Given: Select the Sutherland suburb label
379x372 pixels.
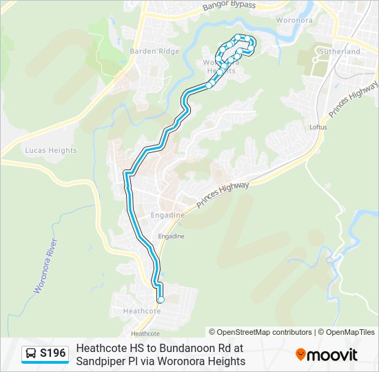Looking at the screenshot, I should pos(340,52).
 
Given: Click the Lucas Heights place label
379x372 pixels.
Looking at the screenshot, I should pos(51,150).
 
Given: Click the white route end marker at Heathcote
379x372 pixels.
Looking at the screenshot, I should pos(161,300).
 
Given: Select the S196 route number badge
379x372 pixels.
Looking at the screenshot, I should pos(53,354).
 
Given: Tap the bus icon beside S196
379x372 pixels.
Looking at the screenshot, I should pos(31,354).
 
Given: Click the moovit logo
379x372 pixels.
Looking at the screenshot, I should pos(327,355).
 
